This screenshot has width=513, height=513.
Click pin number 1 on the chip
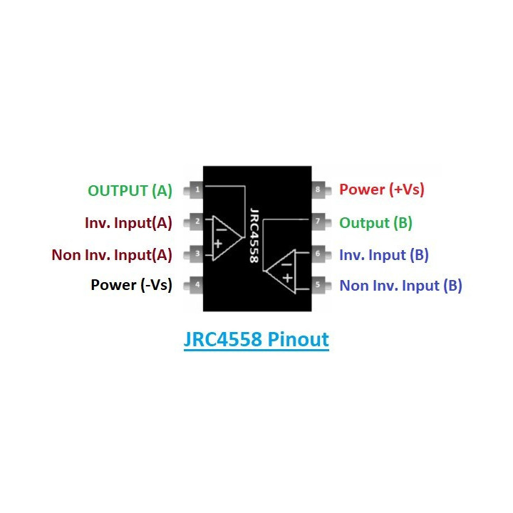click(194, 190)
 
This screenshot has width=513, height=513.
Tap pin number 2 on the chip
click(194, 222)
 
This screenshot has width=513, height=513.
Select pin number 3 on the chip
click(194, 254)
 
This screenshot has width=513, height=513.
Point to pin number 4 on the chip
click(194, 284)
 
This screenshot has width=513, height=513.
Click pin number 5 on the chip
click(321, 284)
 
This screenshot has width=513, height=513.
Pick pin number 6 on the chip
click(321, 254)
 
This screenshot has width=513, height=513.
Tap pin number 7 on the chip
click(321, 222)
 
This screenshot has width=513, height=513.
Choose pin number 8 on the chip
click(321, 190)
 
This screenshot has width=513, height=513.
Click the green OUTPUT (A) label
click(130, 191)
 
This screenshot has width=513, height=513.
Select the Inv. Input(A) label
click(128, 223)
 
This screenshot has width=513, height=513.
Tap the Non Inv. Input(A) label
click(112, 255)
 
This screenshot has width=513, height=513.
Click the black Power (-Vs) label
click(132, 285)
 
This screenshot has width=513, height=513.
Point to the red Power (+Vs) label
click(382, 190)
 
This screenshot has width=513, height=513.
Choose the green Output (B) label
click(375, 223)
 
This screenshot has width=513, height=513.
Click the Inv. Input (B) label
click(384, 255)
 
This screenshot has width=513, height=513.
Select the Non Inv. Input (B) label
click(400, 286)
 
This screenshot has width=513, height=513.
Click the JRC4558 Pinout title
click(256, 339)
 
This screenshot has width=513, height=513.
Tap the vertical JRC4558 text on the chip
click(254, 235)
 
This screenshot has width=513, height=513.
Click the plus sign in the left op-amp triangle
click(218, 244)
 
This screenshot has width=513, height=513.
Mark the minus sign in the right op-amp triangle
click(286, 264)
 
